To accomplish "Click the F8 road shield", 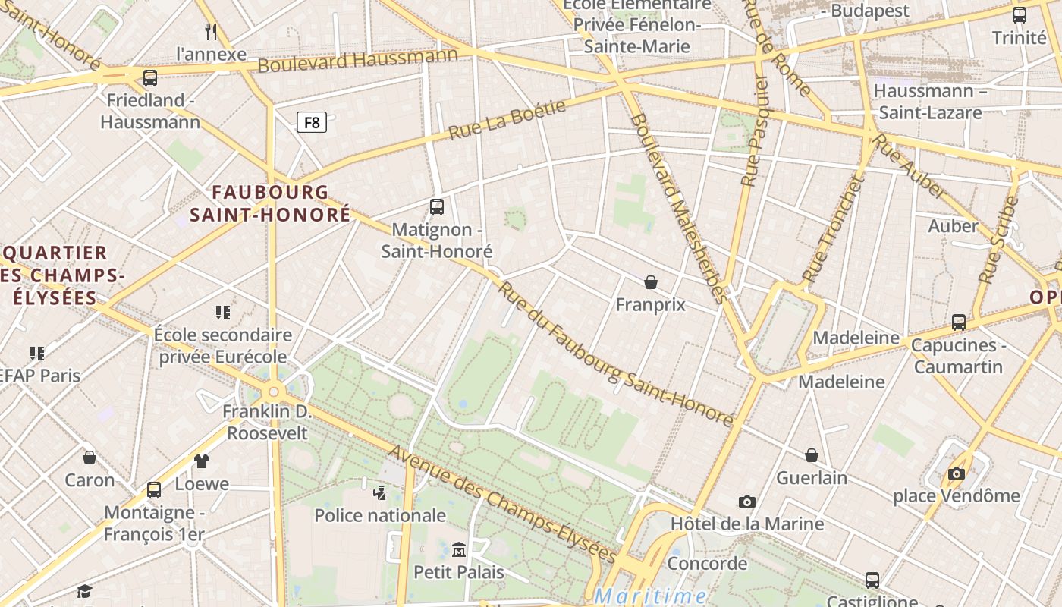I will click(311, 122).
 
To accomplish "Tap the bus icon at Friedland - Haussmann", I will click(150, 77).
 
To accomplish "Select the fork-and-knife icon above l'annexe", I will click(211, 31).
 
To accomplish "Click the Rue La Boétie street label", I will click(507, 120).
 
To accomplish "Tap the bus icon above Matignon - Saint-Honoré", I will click(436, 206).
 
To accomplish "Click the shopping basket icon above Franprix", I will click(650, 282).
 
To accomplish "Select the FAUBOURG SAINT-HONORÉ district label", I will click(270, 203).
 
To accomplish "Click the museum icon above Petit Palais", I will click(458, 549).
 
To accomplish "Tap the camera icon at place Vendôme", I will click(956, 473).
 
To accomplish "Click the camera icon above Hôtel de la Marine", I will click(746, 502).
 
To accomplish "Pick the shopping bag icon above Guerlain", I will click(811, 455).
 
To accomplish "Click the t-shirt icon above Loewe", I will click(201, 461).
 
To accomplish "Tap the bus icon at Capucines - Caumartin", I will click(958, 322).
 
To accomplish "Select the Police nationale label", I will click(380, 515).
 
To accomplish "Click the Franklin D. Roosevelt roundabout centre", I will click(273, 392).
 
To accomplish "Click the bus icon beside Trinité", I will click(1019, 14).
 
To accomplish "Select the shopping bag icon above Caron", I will click(90, 457).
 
